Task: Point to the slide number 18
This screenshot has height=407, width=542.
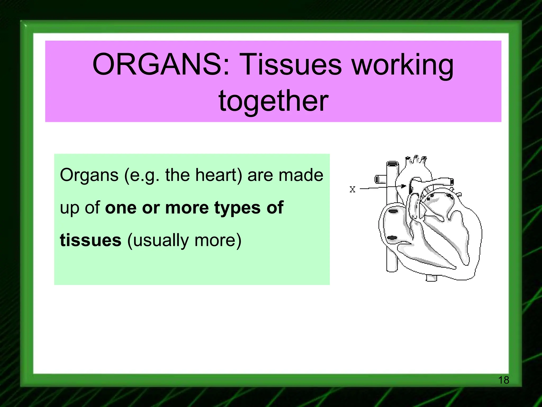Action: (503, 380)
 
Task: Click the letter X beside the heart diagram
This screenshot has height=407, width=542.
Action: (352, 189)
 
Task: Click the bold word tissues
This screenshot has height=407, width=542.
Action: (91, 240)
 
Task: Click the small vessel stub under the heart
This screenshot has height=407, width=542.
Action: (431, 278)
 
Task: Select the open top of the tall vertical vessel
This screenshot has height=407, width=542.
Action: (392, 163)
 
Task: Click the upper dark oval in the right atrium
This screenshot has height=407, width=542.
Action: (393, 211)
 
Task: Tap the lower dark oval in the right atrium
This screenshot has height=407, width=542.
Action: (392, 238)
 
